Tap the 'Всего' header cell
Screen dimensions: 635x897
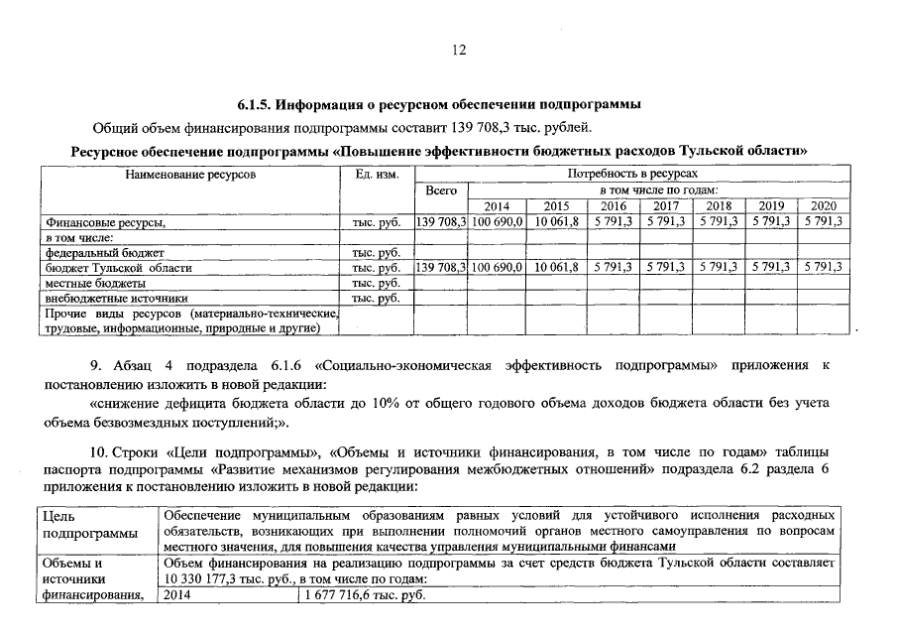click(x=440, y=190)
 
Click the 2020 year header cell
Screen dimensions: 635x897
click(x=824, y=206)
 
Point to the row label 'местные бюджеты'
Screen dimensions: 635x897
click(x=88, y=283)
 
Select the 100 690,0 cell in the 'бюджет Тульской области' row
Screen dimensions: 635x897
click(x=498, y=268)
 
